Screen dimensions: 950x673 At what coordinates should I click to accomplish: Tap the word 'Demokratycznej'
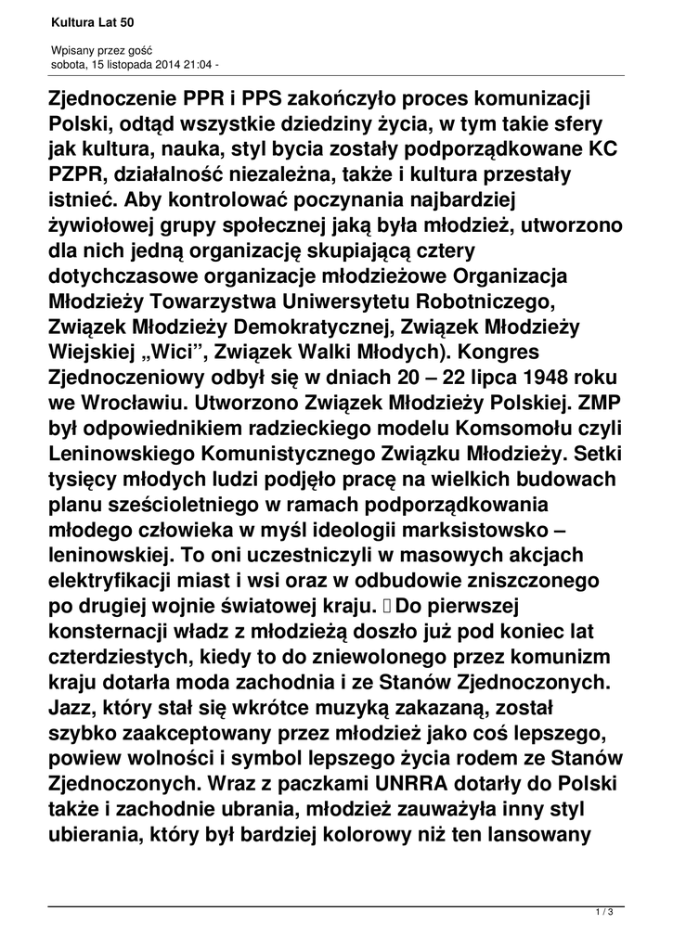(316, 327)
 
